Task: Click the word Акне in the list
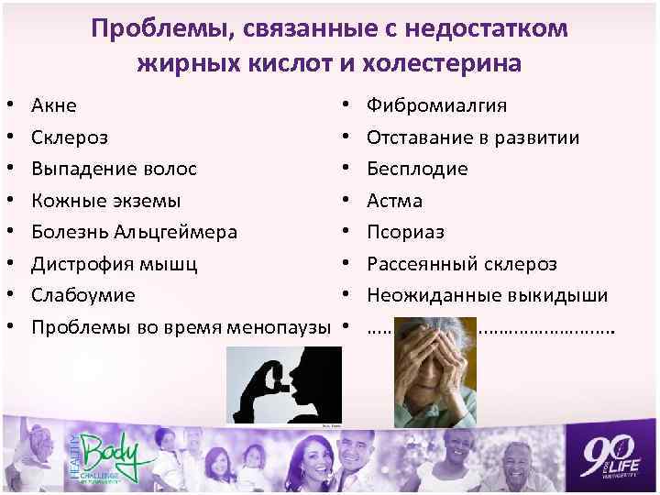(x=54, y=106)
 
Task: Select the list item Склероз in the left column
(x=70, y=137)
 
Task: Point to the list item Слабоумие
(x=83, y=295)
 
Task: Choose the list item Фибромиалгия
(x=436, y=106)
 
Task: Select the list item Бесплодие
(x=417, y=170)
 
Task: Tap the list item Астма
(x=395, y=201)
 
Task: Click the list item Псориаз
(x=406, y=232)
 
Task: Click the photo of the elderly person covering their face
(x=436, y=371)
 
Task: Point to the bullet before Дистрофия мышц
(x=8, y=264)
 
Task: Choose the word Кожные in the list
(x=66, y=201)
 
